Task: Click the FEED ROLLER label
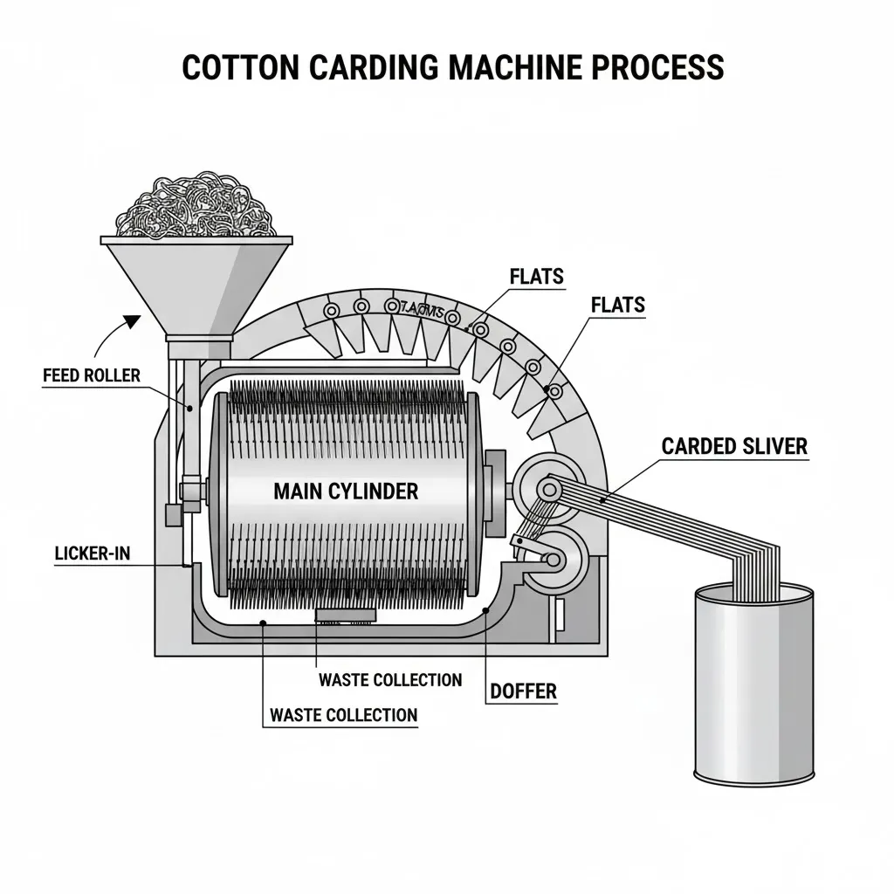[x=91, y=375]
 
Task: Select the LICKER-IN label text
[x=85, y=554]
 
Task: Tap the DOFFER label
[x=523, y=691]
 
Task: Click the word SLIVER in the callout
[x=773, y=446]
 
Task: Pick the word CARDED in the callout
[x=698, y=446]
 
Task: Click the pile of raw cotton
[x=196, y=206]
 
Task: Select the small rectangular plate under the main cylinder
[x=346, y=615]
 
